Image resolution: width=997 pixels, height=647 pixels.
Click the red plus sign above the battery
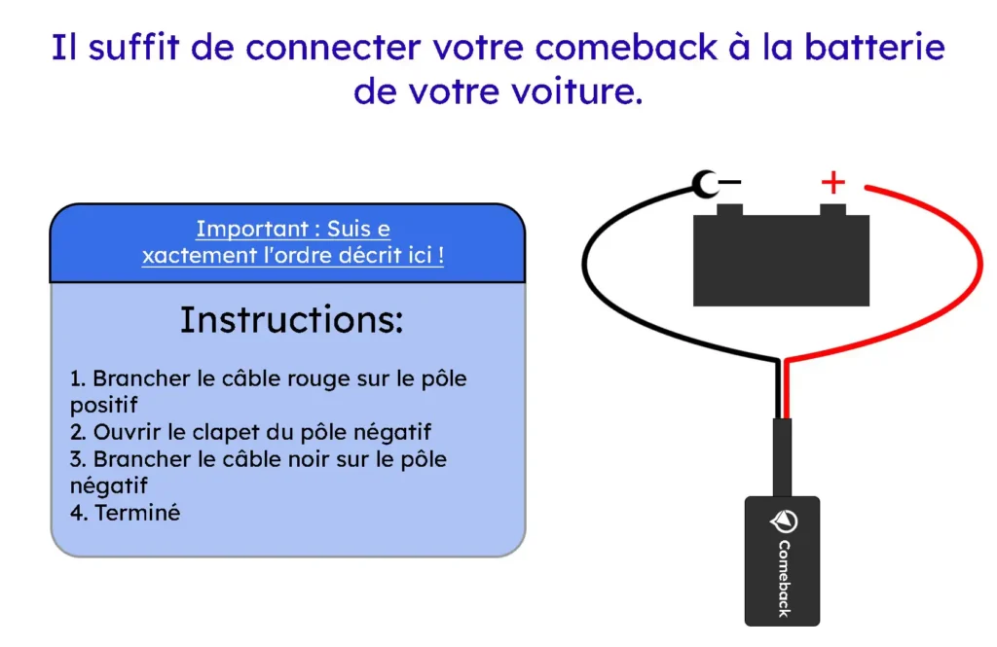[x=832, y=182]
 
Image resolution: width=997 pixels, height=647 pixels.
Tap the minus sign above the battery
[x=729, y=181]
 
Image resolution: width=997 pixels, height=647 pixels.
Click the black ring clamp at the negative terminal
[x=704, y=182]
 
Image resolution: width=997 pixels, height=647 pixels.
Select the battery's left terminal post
[x=729, y=210]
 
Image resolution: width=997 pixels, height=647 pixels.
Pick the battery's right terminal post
[x=832, y=210]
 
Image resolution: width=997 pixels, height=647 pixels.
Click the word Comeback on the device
[x=784, y=579]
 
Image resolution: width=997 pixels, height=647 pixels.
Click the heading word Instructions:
[x=291, y=320]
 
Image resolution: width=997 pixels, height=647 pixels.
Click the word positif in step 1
[x=104, y=405]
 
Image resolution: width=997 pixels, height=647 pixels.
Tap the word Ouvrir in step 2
[x=124, y=432]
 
